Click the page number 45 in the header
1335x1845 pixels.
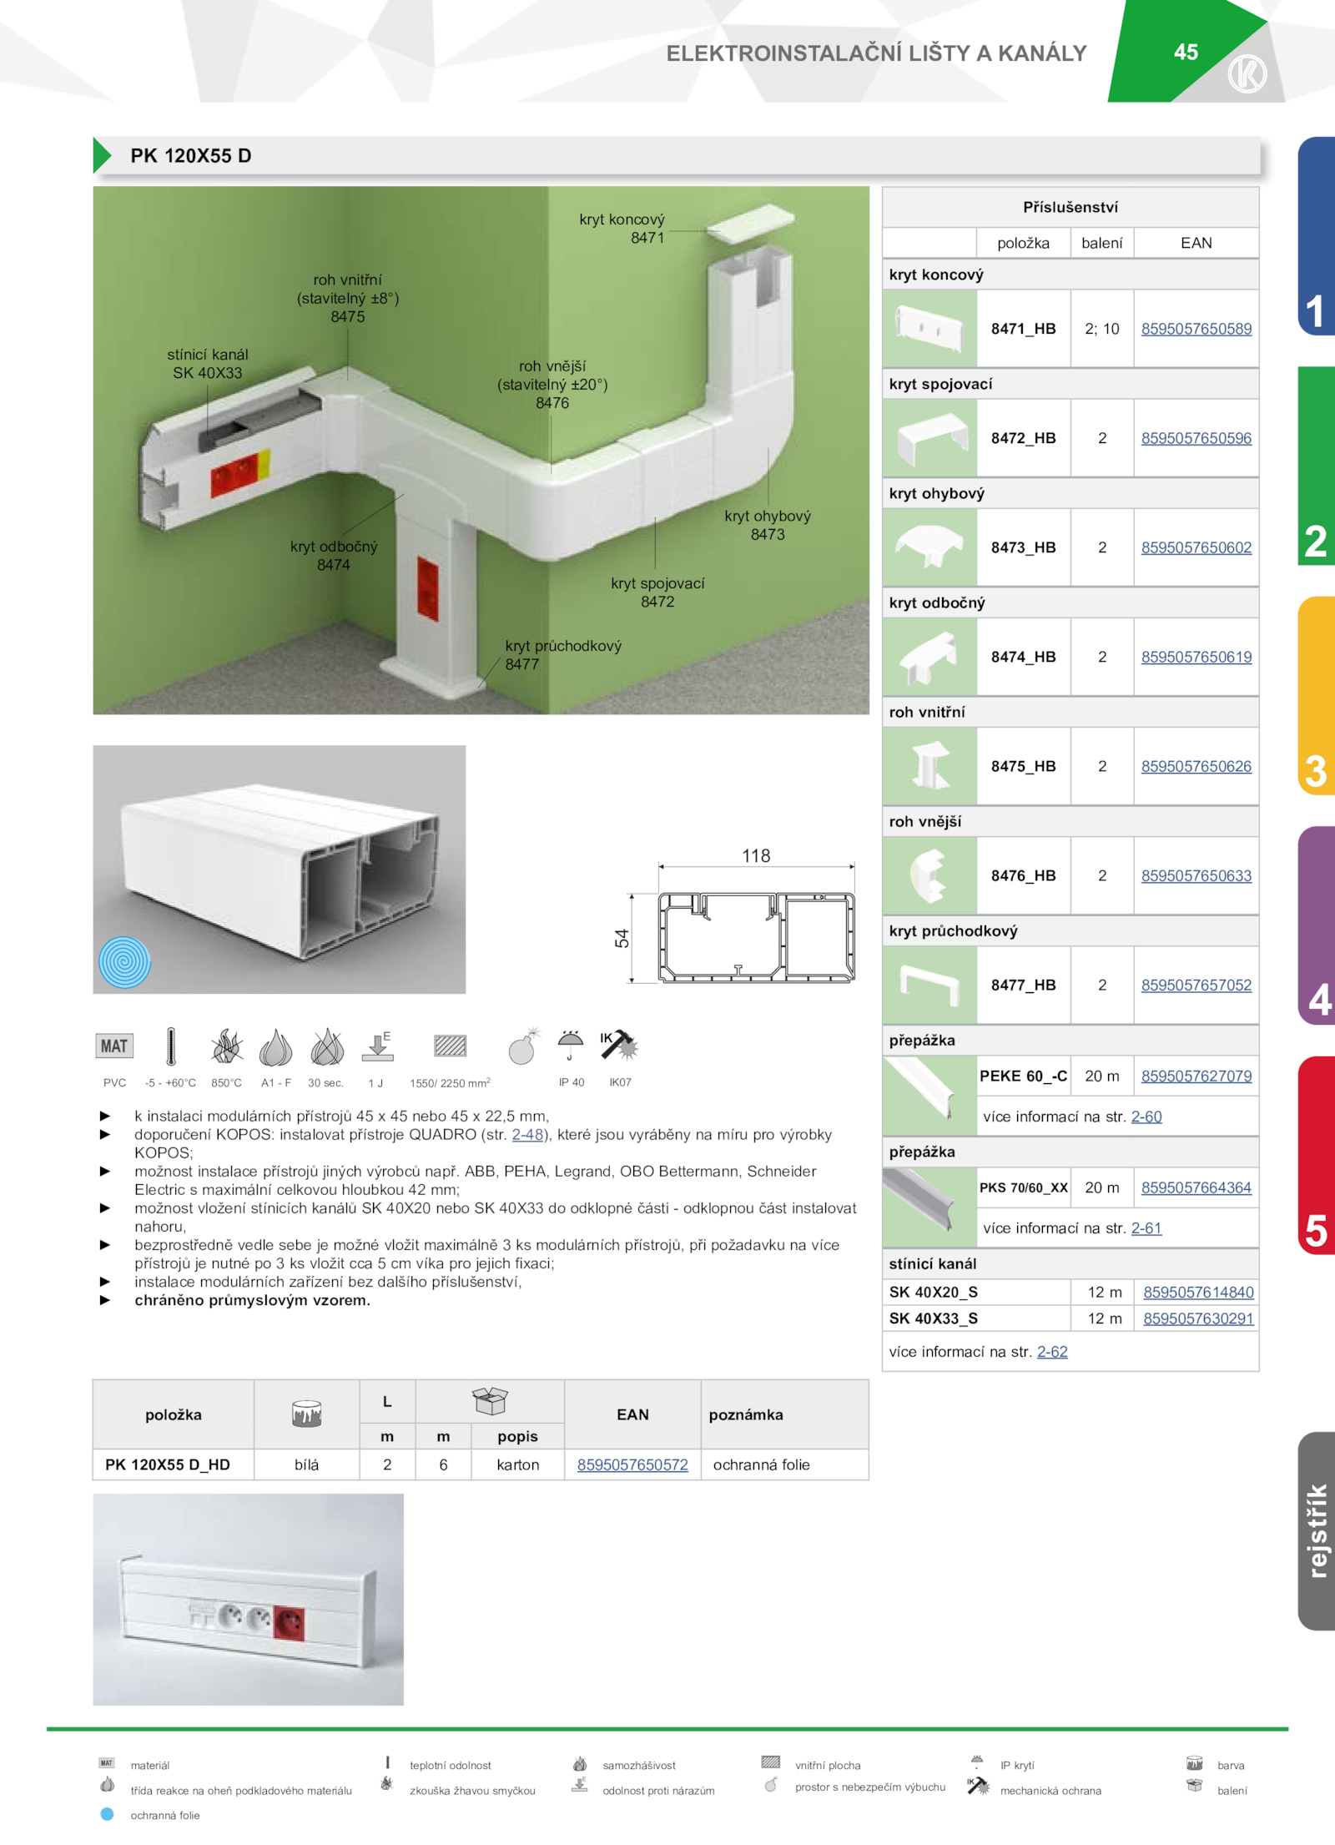point(1186,52)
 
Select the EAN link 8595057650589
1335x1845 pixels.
point(1196,329)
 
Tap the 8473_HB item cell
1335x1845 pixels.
point(1024,547)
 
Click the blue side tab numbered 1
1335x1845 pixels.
point(1317,236)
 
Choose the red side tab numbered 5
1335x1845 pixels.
point(1317,1155)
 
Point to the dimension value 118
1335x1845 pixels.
point(756,855)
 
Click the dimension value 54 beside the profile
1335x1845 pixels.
point(622,938)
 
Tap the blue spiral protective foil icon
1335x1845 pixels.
point(125,962)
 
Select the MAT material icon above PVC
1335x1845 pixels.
point(114,1046)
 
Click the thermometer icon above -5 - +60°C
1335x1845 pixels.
point(170,1046)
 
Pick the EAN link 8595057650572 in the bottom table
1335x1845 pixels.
point(632,1464)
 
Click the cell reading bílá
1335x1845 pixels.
point(306,1464)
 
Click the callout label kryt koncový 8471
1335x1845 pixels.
point(622,228)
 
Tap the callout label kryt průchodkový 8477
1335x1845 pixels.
point(563,654)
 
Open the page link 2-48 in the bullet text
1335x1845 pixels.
point(527,1134)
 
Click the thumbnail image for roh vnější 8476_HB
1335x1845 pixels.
point(929,875)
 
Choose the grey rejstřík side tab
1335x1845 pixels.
point(1317,1531)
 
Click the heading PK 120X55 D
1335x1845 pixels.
point(191,156)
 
